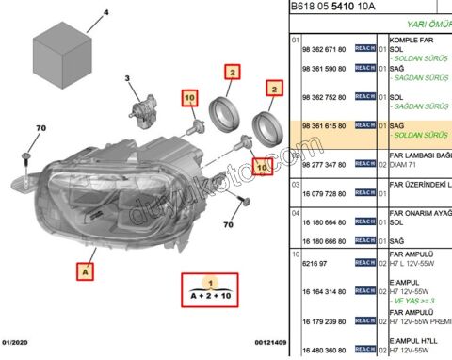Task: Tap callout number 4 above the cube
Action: pos(105,13)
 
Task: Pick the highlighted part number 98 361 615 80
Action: pos(323,125)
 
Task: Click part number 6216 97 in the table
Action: pos(314,267)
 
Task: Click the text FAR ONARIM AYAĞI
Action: pos(420,213)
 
